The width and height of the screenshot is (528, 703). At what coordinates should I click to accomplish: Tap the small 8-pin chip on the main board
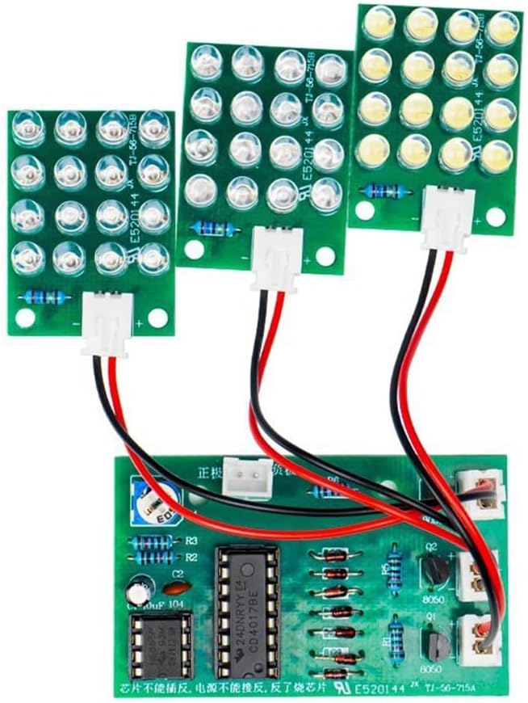(161, 643)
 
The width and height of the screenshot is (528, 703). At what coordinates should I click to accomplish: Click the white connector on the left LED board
(106, 322)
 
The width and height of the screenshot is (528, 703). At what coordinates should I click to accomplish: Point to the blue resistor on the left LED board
(47, 297)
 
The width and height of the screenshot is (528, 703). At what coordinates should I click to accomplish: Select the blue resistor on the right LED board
(384, 191)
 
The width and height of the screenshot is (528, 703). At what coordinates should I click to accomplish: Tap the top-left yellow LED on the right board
(379, 23)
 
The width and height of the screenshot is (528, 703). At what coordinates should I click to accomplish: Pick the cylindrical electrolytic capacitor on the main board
(141, 587)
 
